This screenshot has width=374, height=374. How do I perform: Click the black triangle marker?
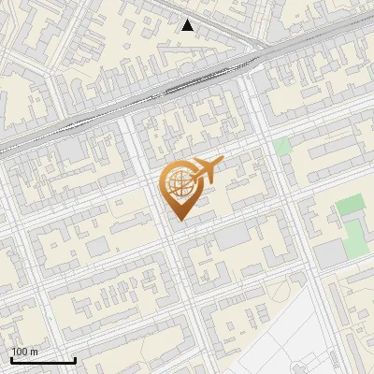tap(188, 25)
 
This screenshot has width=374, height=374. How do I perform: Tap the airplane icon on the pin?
tap(208, 170)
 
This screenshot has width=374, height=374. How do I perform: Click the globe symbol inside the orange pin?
tap(179, 183)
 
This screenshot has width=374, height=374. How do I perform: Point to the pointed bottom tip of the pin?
tap(179, 220)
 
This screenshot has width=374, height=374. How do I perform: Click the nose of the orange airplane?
tap(223, 161)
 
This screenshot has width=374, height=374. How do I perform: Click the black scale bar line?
tap(43, 360)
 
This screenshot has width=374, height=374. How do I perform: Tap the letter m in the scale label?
tap(35, 352)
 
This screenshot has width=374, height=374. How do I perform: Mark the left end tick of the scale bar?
tap(12, 359)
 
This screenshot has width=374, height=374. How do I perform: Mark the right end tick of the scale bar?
tap(75, 359)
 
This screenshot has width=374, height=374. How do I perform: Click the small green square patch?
tap(282, 147)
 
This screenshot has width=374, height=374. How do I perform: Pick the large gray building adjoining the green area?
tap(328, 253)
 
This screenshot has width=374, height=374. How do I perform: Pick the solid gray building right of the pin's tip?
tap(233, 237)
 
